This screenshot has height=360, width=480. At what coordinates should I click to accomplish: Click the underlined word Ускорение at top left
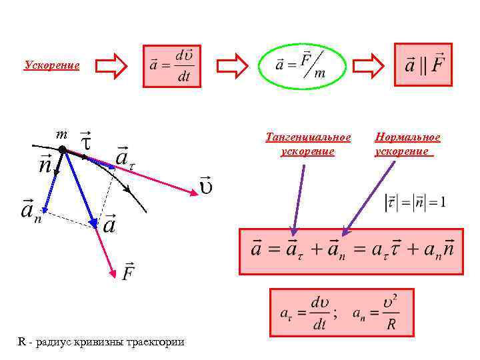[x=52, y=65]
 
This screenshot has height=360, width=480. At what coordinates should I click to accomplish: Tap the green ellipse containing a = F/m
[x=300, y=65]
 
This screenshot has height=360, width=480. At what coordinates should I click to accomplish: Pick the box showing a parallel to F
[x=423, y=65]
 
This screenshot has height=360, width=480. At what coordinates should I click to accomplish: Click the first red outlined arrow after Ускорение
[x=110, y=65]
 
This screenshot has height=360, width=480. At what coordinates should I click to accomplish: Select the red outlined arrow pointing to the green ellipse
[x=233, y=65]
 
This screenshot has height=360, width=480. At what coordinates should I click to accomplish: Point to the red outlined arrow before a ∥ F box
[x=368, y=65]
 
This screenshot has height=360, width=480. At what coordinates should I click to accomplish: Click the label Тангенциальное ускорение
[x=307, y=144]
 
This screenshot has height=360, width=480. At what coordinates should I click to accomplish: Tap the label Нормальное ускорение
[x=407, y=144]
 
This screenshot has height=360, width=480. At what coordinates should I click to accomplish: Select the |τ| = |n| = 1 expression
[x=415, y=201]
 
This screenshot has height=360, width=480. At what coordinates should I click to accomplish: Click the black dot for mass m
[x=62, y=150]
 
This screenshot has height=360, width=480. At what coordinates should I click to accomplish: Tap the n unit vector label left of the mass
[x=45, y=163]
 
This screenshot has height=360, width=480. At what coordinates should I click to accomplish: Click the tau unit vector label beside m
[x=85, y=140]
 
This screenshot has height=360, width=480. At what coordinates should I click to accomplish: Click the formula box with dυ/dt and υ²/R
[x=342, y=312]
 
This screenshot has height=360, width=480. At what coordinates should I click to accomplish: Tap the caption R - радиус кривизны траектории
[x=101, y=342]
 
